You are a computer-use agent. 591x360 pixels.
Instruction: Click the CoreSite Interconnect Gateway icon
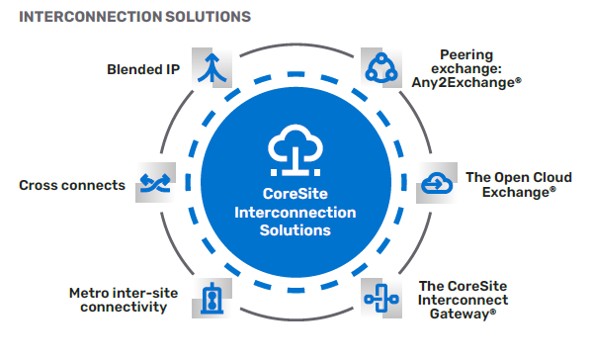click(x=380, y=297)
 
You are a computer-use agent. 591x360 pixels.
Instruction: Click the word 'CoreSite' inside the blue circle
click(x=295, y=193)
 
